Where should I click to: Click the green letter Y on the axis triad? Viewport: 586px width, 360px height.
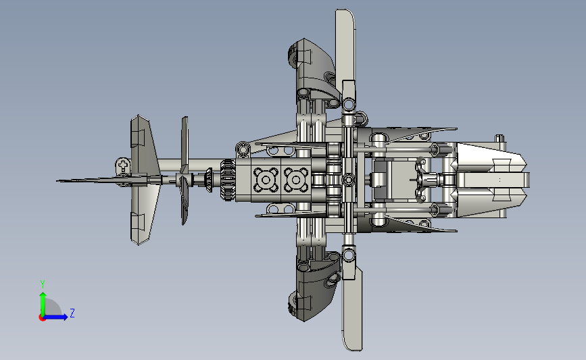point(43,284)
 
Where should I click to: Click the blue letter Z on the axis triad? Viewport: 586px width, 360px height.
point(72,313)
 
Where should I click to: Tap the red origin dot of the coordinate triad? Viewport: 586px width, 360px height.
point(42,317)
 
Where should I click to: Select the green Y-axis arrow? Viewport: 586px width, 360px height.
point(43,304)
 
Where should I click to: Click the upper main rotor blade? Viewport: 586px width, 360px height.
point(345,48)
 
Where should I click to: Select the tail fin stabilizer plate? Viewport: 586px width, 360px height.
point(144,180)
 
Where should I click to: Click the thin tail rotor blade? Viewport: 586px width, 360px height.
point(185,170)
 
